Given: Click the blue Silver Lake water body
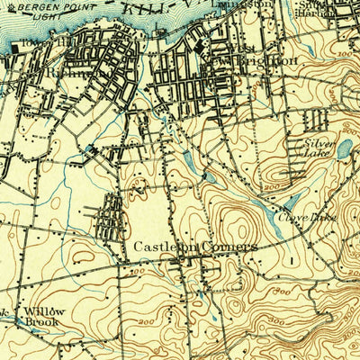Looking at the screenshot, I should pos(344,148).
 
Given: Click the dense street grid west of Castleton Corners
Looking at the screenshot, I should pos(108,217).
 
